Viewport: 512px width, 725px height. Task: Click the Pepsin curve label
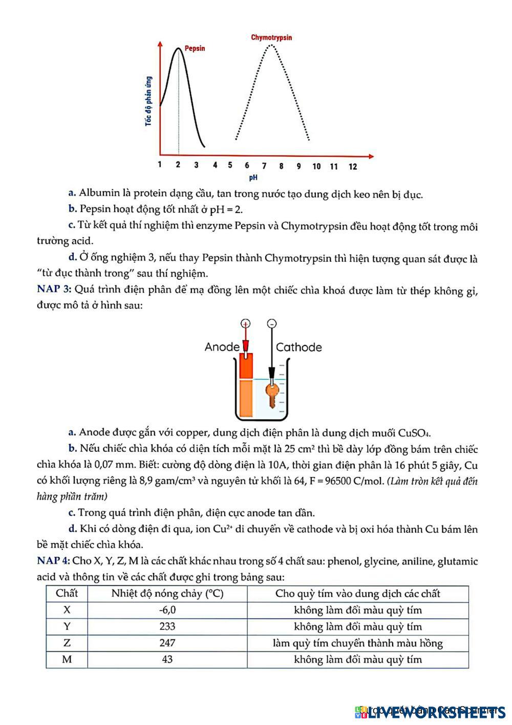(195, 48)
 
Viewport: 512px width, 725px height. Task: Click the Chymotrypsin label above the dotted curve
(271, 37)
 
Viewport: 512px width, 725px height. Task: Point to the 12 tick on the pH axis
(353, 166)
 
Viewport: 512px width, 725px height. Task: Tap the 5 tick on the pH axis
(230, 165)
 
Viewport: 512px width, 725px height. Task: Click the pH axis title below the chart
(253, 178)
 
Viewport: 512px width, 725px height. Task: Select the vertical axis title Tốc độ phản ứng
(148, 101)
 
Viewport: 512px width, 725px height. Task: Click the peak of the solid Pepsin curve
(178, 48)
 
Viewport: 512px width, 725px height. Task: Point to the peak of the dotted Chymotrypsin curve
(271, 46)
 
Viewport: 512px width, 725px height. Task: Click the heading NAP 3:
(54, 289)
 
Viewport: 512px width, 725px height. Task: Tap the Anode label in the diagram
(222, 347)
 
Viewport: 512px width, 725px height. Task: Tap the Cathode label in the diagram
(299, 347)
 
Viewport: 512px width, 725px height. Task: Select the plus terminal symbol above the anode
(246, 323)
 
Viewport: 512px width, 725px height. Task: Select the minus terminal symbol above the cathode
(272, 323)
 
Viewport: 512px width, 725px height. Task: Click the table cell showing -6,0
(167, 610)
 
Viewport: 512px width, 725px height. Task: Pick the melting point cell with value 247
(167, 643)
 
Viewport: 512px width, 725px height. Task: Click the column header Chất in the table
(67, 593)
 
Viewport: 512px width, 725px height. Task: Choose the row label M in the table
(67, 659)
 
